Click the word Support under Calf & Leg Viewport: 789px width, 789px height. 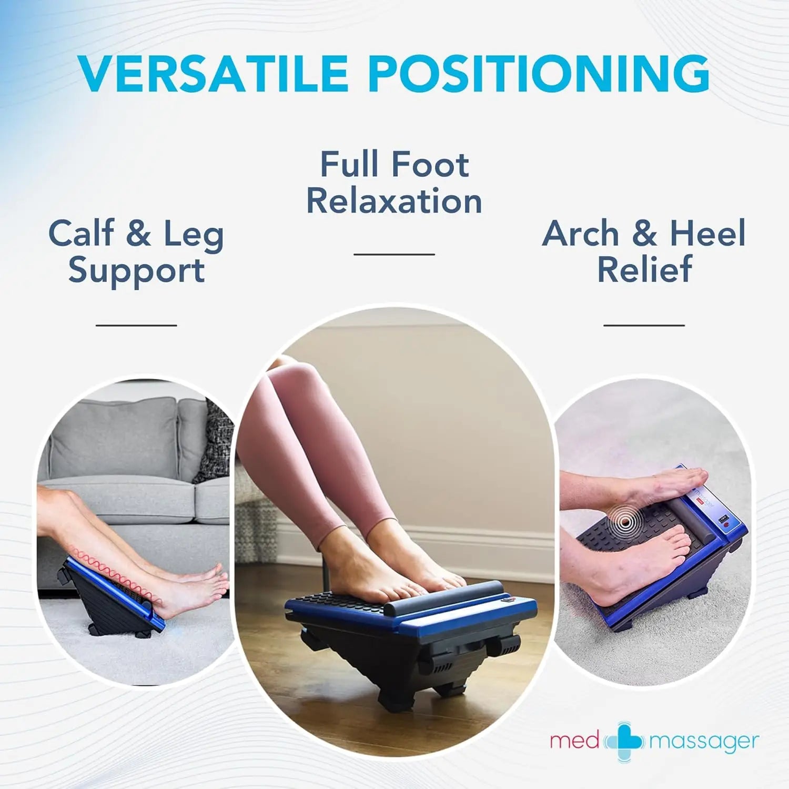point(136,270)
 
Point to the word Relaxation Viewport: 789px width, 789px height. point(394,201)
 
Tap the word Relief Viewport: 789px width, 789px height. point(644,269)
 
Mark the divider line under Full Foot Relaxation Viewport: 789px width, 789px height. point(394,254)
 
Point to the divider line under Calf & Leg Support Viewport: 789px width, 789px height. point(136,325)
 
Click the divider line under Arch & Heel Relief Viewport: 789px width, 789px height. point(644,325)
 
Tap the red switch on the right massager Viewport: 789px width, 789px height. point(726,524)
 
